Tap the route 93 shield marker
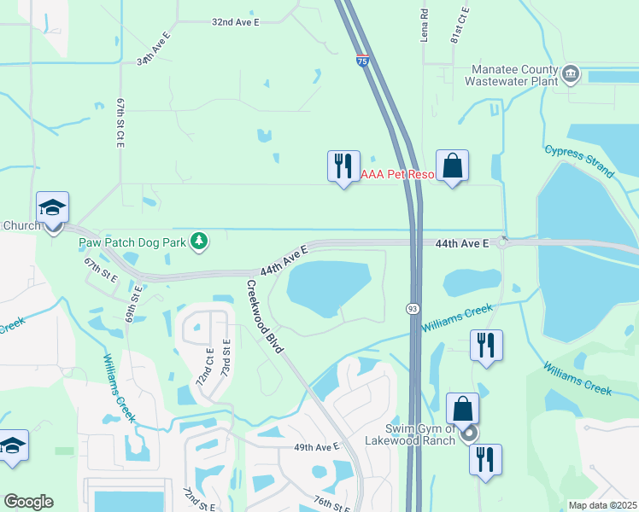click(x=413, y=306)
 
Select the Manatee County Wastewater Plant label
click(x=510, y=76)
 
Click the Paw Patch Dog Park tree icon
click(x=199, y=241)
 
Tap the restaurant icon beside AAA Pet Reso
click(x=343, y=166)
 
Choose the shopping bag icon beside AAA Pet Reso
click(x=452, y=166)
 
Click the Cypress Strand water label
click(x=579, y=160)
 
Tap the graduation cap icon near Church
click(x=52, y=207)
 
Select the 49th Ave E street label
click(x=317, y=446)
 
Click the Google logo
click(x=28, y=502)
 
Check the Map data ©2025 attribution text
click(x=601, y=505)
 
